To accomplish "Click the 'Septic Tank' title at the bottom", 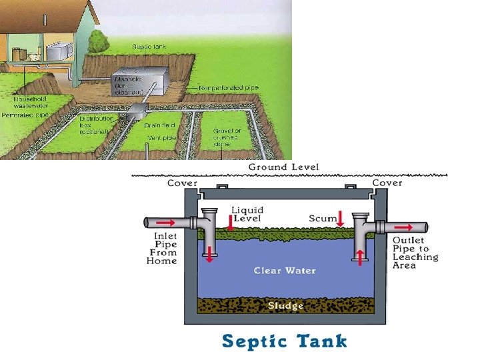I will [x=285, y=341].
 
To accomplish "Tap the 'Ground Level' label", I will [x=283, y=167].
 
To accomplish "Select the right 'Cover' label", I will [x=387, y=183].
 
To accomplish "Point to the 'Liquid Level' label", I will [x=247, y=215].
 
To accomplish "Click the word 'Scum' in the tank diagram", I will [x=322, y=219].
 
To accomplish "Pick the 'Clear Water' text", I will [x=285, y=271].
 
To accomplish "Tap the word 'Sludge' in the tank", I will [x=285, y=306].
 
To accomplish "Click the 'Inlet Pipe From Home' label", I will [x=162, y=248].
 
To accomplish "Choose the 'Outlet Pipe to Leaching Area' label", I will [x=415, y=253].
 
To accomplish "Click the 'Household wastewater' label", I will [x=31, y=103].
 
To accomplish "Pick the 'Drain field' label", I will [x=159, y=125].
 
